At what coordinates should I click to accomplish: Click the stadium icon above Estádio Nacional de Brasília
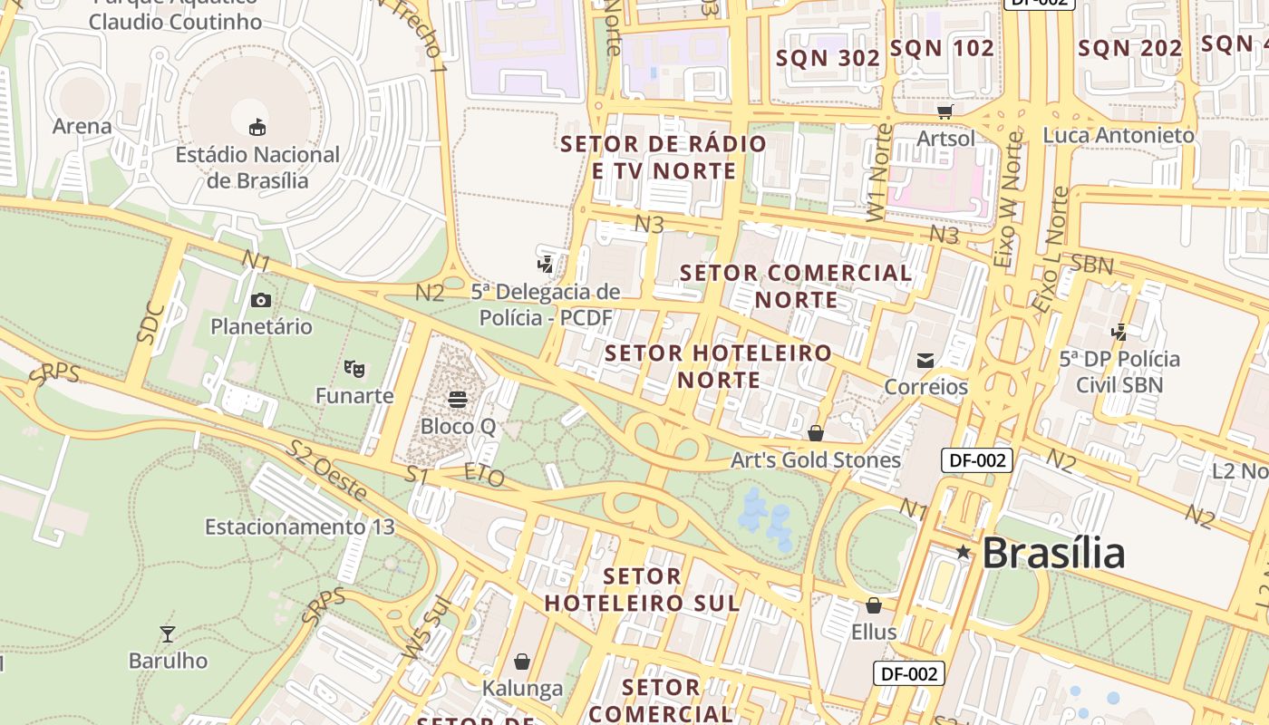point(257,127)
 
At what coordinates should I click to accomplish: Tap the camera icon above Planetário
point(261,300)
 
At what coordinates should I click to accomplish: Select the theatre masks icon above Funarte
point(354,368)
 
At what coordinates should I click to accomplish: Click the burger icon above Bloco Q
point(458,399)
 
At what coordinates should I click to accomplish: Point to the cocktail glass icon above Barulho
point(168,633)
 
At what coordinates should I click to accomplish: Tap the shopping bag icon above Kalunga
point(522,662)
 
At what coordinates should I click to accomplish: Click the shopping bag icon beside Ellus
point(874,604)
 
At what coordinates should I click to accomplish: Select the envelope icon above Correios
point(925,361)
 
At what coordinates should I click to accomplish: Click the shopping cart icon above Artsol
point(945,111)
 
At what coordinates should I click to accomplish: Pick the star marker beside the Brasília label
point(963,552)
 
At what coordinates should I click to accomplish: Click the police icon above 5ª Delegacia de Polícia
point(546,264)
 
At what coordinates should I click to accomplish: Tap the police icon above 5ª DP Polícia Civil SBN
point(1119,332)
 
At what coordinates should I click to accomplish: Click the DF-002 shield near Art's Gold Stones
point(976,460)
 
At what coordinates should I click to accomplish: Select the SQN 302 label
point(828,58)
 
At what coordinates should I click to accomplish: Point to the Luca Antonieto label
point(1119,135)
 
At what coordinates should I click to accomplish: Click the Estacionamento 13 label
point(300,527)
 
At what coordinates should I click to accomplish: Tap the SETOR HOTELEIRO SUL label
point(642,589)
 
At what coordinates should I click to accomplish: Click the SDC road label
point(151,322)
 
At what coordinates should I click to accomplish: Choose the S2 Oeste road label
point(326,470)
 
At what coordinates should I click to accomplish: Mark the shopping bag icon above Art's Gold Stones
point(816,433)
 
